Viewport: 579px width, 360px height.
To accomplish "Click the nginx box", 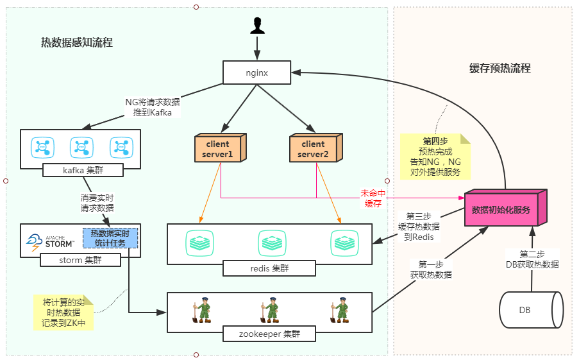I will pyautogui.click(x=257, y=73).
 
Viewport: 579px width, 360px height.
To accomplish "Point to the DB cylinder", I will pyautogui.click(x=530, y=310).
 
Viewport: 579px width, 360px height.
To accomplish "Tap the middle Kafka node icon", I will pyautogui.click(x=80, y=147).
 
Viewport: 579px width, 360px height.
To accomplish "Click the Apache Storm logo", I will pyautogui.click(x=51, y=240).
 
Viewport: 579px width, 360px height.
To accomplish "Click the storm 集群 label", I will pyautogui.click(x=80, y=260).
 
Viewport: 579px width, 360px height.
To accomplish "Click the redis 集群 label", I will pyautogui.click(x=269, y=268).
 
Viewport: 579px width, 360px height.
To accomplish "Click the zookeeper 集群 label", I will pyautogui.click(x=269, y=334).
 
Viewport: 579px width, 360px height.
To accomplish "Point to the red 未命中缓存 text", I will pyautogui.click(x=374, y=198).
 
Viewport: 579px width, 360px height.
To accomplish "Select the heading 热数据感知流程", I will pyautogui.click(x=77, y=43).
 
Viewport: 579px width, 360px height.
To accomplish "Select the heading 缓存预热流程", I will pyautogui.click(x=500, y=69).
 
